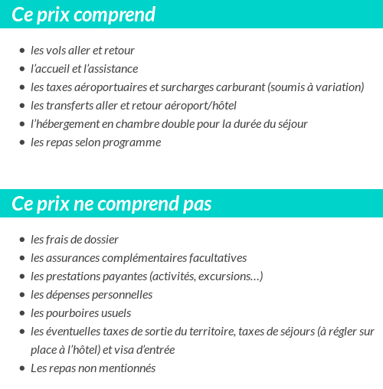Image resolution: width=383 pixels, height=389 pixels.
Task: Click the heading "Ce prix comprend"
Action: click(83, 15)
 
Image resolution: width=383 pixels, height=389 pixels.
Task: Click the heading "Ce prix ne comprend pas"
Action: click(112, 204)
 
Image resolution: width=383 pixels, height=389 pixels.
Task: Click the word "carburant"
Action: click(238, 87)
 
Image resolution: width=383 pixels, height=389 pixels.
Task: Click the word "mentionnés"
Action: click(126, 368)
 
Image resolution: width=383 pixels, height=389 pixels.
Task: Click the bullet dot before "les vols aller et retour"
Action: click(21, 51)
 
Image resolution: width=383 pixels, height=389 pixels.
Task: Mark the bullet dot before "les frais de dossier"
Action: click(21, 240)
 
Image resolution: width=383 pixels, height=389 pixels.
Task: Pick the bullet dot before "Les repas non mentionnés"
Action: click(21, 368)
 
